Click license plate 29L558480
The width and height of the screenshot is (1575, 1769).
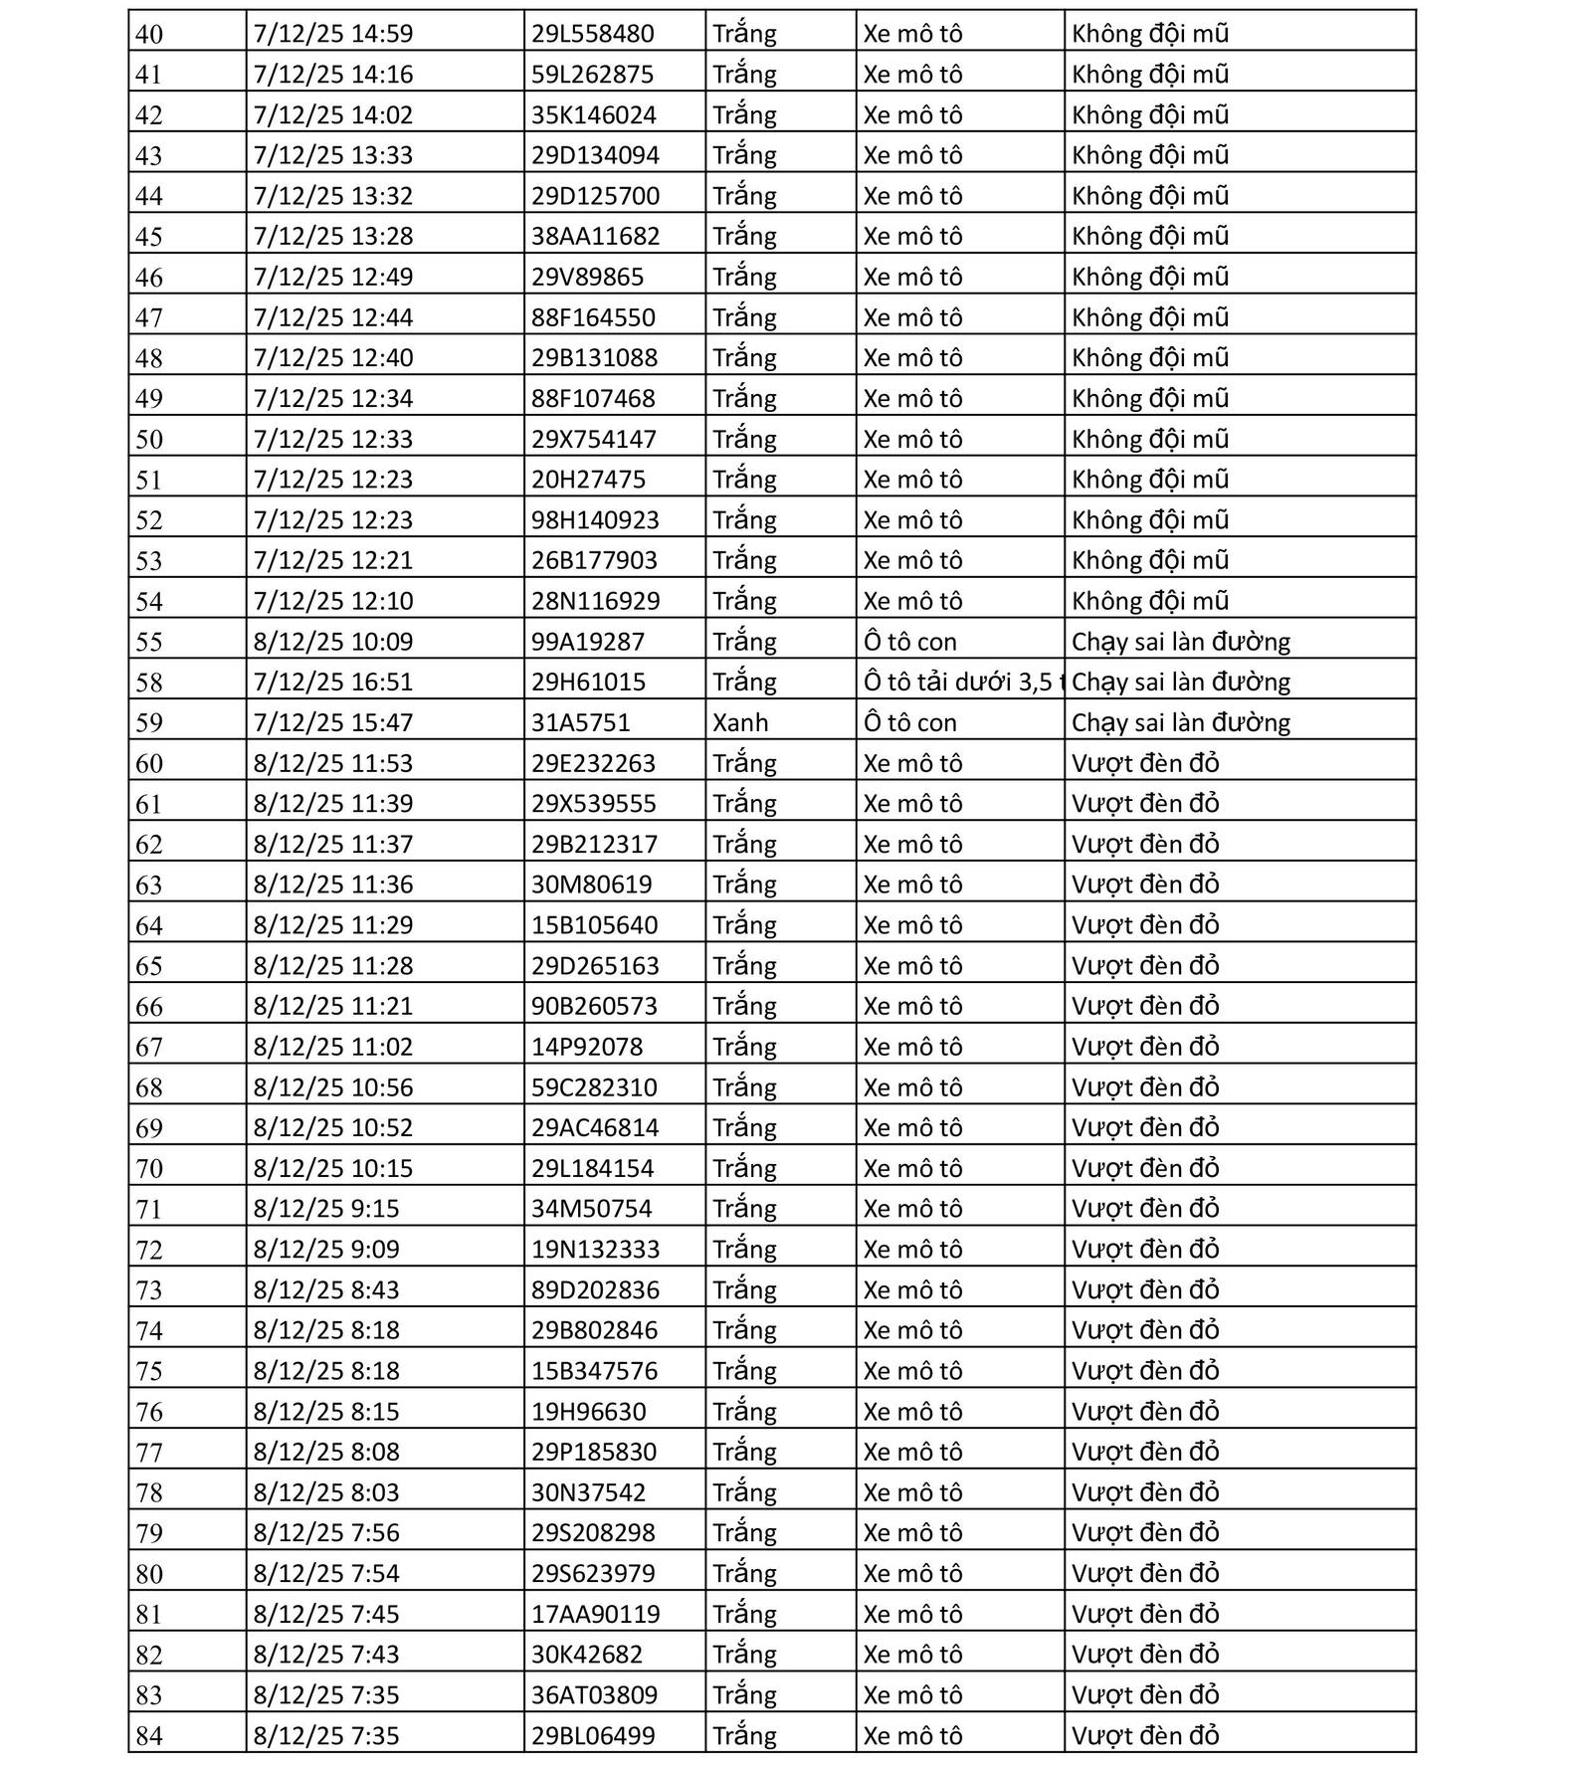[592, 34]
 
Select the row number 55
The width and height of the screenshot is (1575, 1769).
[149, 642]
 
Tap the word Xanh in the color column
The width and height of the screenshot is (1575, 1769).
[740, 722]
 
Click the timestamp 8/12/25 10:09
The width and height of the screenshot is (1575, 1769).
[332, 642]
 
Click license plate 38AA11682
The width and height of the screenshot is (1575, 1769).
[595, 236]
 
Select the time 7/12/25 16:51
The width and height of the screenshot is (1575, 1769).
[332, 682]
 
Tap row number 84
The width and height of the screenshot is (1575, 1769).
[149, 1736]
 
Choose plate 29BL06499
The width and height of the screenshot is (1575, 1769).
[593, 1736]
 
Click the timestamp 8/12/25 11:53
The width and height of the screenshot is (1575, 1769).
[332, 763]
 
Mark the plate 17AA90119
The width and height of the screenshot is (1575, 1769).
[595, 1614]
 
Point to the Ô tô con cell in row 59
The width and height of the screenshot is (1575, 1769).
[909, 722]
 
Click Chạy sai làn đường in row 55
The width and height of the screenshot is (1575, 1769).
[1180, 642]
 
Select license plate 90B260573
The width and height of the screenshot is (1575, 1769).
[594, 1006]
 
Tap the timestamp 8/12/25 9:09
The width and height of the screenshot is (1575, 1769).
[325, 1249]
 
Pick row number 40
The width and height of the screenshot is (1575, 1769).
[149, 34]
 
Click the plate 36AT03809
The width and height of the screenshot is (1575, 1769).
[594, 1694]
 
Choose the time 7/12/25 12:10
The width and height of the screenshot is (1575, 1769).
[332, 601]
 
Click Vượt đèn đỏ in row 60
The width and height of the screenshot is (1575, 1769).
[1145, 763]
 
